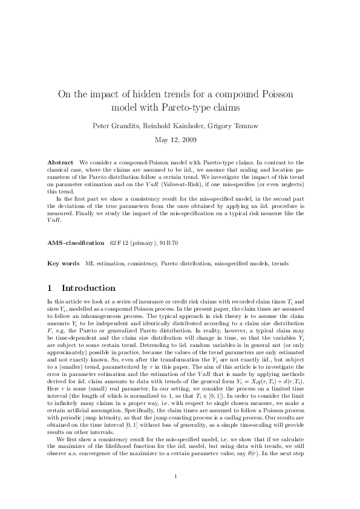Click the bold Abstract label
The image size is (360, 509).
(61, 163)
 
